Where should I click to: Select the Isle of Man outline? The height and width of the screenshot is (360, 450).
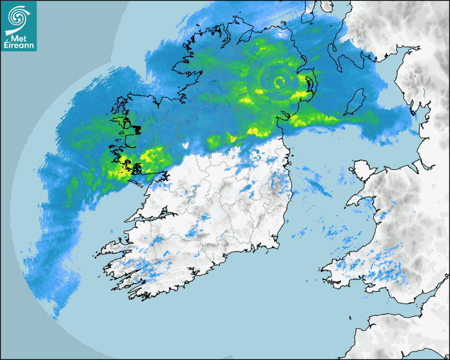tap(355, 102)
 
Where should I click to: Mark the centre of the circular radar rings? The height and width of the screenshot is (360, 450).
tap(279, 82)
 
